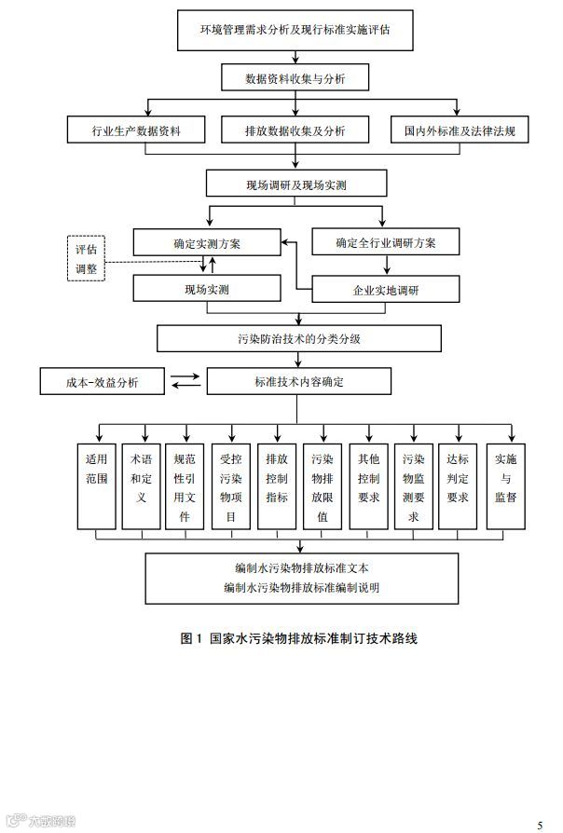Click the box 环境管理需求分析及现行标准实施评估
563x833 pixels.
tap(295, 30)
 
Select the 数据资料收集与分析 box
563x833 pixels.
tap(295, 78)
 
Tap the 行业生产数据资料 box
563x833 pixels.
tap(136, 130)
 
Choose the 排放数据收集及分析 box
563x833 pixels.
tap(295, 130)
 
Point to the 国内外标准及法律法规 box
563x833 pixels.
tap(460, 130)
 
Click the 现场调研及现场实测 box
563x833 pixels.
tap(295, 184)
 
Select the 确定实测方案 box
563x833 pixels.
tap(206, 243)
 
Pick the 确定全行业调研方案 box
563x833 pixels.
tap(385, 243)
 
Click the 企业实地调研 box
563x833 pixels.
tap(385, 290)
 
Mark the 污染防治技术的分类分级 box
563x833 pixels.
tap(298, 338)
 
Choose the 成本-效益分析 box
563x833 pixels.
tap(102, 382)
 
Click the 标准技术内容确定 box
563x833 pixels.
tap(298, 382)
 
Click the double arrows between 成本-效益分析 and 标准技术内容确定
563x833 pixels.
tap(185, 380)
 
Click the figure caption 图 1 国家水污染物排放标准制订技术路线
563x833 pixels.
tap(298, 639)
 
